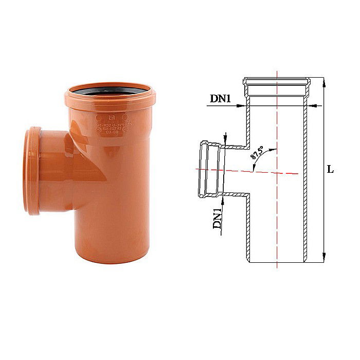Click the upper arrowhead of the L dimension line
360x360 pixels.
click(x=323, y=81)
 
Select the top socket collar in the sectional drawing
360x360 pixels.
click(x=277, y=82)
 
